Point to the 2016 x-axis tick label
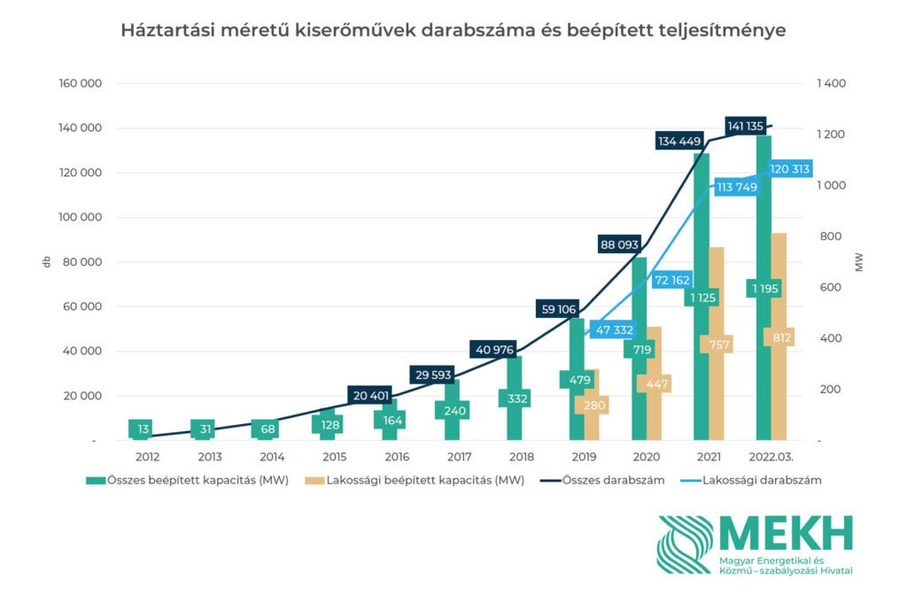[x=397, y=457]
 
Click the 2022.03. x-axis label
[x=769, y=457]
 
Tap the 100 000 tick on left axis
[x=81, y=218]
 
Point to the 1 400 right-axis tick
[x=832, y=83]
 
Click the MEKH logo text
[x=785, y=532]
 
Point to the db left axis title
[x=46, y=262]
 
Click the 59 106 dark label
[x=558, y=309]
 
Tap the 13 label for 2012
[x=143, y=429]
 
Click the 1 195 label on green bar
[x=764, y=289]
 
